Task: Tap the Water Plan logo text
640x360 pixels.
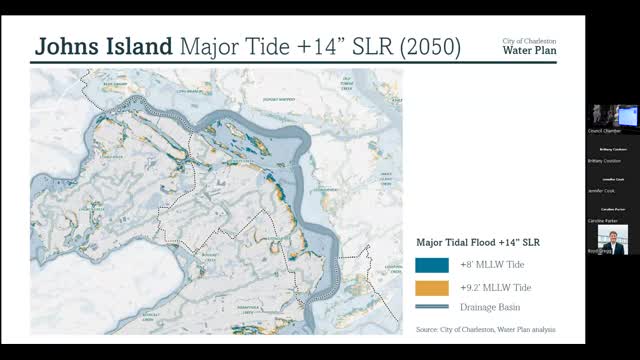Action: click(529, 51)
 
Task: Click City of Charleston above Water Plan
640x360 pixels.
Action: click(529, 41)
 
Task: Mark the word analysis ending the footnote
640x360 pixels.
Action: click(541, 329)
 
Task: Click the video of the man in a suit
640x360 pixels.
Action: click(612, 239)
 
